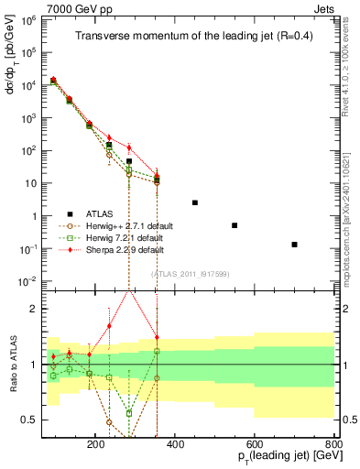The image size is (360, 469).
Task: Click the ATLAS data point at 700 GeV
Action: click(294, 245)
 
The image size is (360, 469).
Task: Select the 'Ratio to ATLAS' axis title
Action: click(11, 365)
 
